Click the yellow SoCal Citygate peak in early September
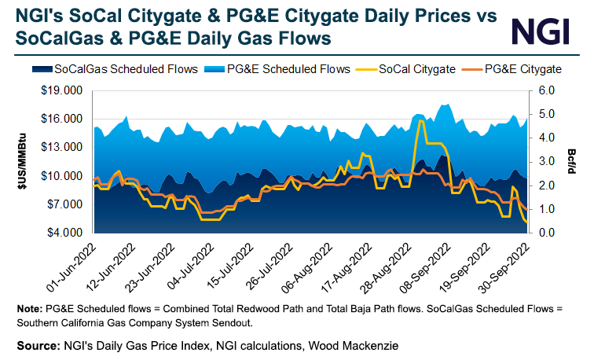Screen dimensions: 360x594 422,121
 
